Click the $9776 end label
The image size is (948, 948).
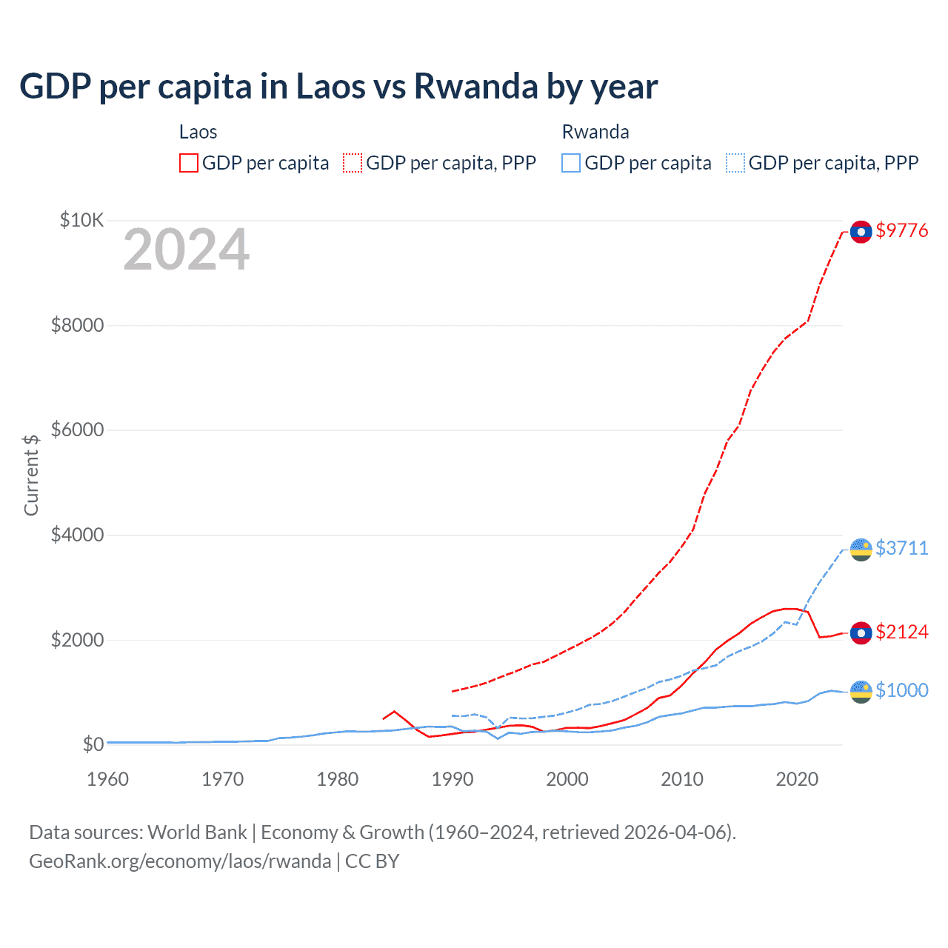(901, 231)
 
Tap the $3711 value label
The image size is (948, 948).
(901, 548)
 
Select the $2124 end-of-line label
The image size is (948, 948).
(901, 632)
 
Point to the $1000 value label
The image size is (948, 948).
(901, 690)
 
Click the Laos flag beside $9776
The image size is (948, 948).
(861, 232)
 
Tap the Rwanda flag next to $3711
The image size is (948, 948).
(861, 550)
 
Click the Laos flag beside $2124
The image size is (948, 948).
(861, 632)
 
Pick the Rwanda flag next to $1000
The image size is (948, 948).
(861, 692)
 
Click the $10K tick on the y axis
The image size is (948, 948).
(82, 220)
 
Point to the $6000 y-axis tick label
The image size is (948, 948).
(77, 430)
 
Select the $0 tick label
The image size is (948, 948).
(93, 744)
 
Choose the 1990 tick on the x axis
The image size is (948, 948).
(453, 779)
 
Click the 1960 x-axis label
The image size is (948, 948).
(108, 779)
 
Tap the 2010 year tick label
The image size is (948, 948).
(682, 779)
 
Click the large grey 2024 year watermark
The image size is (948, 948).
(187, 250)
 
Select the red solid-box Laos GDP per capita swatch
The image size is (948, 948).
(189, 163)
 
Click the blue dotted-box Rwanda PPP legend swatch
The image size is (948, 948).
(735, 163)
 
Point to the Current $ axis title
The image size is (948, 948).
(31, 475)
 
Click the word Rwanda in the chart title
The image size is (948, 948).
(475, 86)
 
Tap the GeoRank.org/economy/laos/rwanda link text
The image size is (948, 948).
(180, 861)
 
